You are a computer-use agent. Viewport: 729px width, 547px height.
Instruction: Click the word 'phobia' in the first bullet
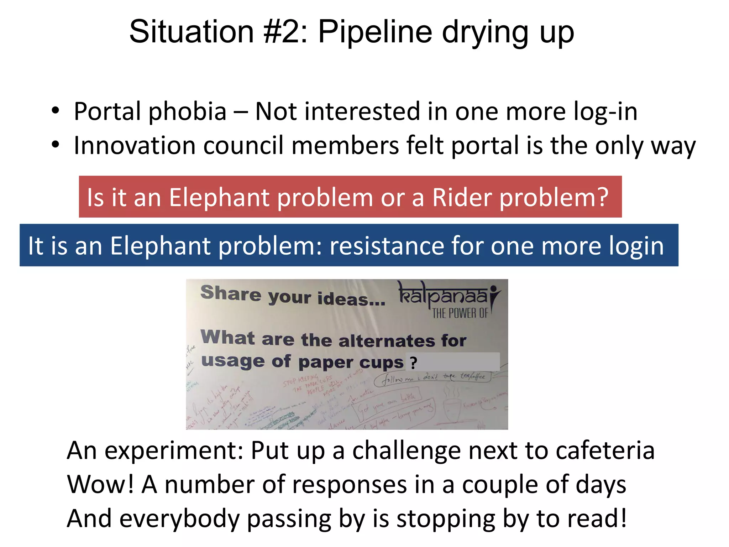[x=187, y=111]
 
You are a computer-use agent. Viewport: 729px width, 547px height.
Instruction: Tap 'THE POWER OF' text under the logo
[x=460, y=313]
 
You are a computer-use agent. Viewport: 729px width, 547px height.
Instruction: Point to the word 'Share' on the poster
[x=231, y=293]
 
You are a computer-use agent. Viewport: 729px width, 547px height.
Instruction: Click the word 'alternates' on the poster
[x=387, y=341]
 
